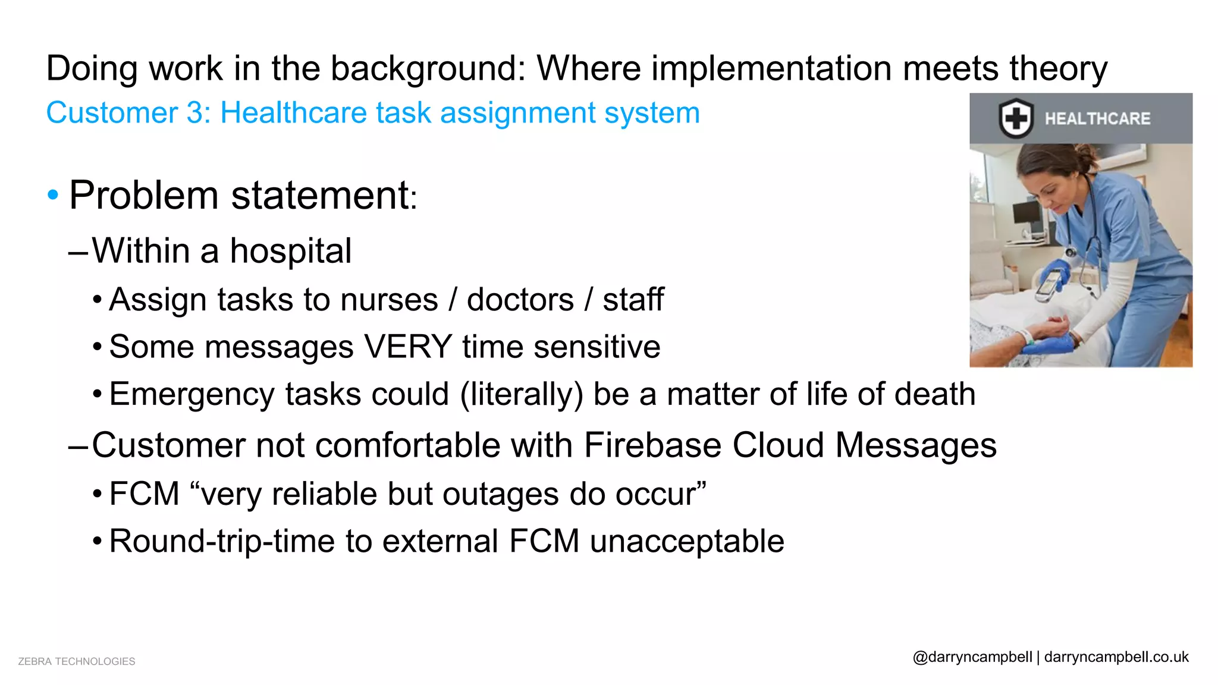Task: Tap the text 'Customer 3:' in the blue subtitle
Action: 128,113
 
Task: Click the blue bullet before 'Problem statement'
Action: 53,195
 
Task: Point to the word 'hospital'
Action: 290,251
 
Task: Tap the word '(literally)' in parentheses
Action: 522,395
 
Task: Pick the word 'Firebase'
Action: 652,445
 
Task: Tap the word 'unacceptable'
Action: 687,542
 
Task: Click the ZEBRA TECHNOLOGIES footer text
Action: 77,661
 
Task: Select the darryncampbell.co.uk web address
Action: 1116,657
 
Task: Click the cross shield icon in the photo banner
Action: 1015,118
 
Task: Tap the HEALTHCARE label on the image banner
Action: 1097,118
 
